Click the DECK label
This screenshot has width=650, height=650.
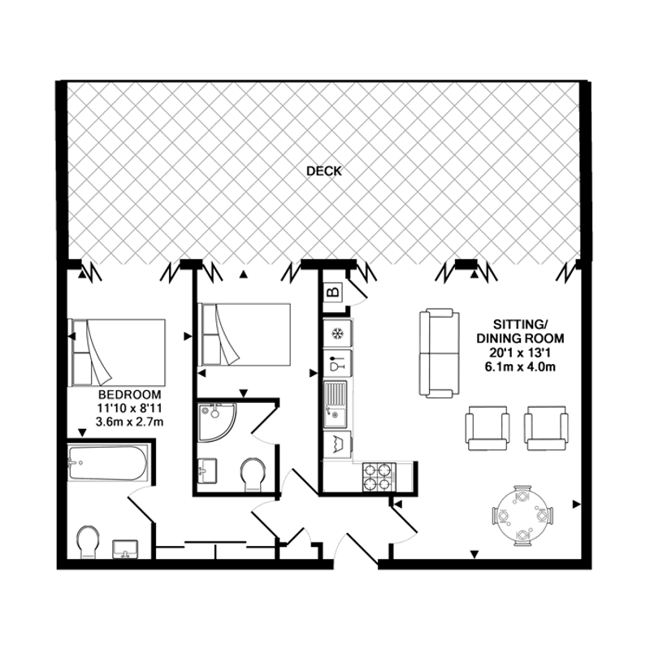323,171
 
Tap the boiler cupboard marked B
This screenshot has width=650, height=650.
333,292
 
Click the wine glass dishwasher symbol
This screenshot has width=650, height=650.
336,363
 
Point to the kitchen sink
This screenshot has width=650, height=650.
336,405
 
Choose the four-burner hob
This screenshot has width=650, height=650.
379,477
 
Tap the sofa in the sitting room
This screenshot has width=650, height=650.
440,353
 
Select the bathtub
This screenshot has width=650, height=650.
107,462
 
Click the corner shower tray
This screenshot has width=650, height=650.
216,422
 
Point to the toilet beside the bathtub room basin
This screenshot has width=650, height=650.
88,541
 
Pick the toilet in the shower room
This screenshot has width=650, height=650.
253,474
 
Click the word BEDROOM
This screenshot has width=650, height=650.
129,394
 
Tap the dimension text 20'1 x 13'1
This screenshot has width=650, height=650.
520,353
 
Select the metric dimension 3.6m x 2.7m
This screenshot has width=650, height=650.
129,422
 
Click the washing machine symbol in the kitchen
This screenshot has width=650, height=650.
336,444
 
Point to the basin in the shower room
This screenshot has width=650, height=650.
207,470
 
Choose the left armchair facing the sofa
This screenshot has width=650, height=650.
487,428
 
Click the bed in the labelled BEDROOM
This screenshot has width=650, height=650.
117,353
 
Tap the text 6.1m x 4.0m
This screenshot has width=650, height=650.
520,367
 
